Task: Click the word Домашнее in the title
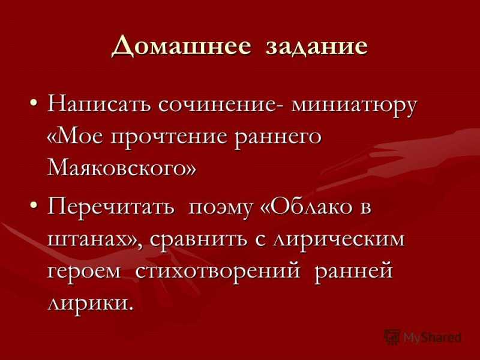pyautogui.click(x=181, y=47)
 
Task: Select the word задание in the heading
pyautogui.click(x=317, y=47)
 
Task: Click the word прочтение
pyautogui.click(x=169, y=138)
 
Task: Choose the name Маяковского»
pyautogui.click(x=121, y=169)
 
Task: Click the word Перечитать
pyautogui.click(x=111, y=209)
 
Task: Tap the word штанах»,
pyautogui.click(x=95, y=240)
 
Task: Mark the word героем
pyautogui.click(x=84, y=272)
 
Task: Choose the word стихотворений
pyautogui.click(x=217, y=271)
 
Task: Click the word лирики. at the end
pyautogui.click(x=91, y=303)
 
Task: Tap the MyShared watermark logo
pyautogui.click(x=422, y=337)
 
